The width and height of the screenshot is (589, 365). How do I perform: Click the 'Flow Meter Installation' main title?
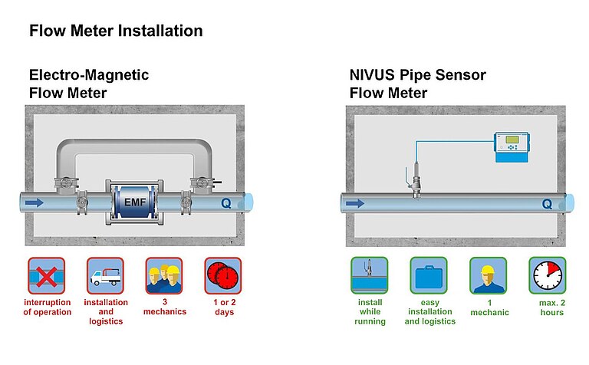coord(116,31)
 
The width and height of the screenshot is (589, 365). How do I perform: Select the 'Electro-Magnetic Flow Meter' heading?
coord(89,84)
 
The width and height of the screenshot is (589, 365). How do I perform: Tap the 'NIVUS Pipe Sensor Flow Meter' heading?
coord(417,84)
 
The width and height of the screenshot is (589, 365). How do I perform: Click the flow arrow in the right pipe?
coord(354,204)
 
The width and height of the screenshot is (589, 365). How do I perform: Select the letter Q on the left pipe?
coord(225,204)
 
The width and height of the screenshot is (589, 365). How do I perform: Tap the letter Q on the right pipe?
coord(546,204)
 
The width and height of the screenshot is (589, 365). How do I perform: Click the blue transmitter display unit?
coord(515,146)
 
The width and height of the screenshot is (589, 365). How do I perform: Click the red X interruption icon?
coord(47,276)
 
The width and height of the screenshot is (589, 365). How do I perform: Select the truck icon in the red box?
coord(105,276)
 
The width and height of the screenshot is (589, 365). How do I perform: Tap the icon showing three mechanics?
coord(164,276)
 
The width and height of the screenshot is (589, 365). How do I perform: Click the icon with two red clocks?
coord(223,276)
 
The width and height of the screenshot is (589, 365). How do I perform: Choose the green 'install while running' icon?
coord(370,276)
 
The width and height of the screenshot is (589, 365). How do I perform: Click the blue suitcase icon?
coord(429,276)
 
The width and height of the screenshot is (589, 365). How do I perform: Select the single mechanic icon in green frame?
coord(489,276)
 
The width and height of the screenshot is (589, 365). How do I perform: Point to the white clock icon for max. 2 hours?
coord(548,276)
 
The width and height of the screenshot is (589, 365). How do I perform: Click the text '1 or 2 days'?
coord(223,307)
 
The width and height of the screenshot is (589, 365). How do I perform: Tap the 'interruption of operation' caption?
coord(47,307)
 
